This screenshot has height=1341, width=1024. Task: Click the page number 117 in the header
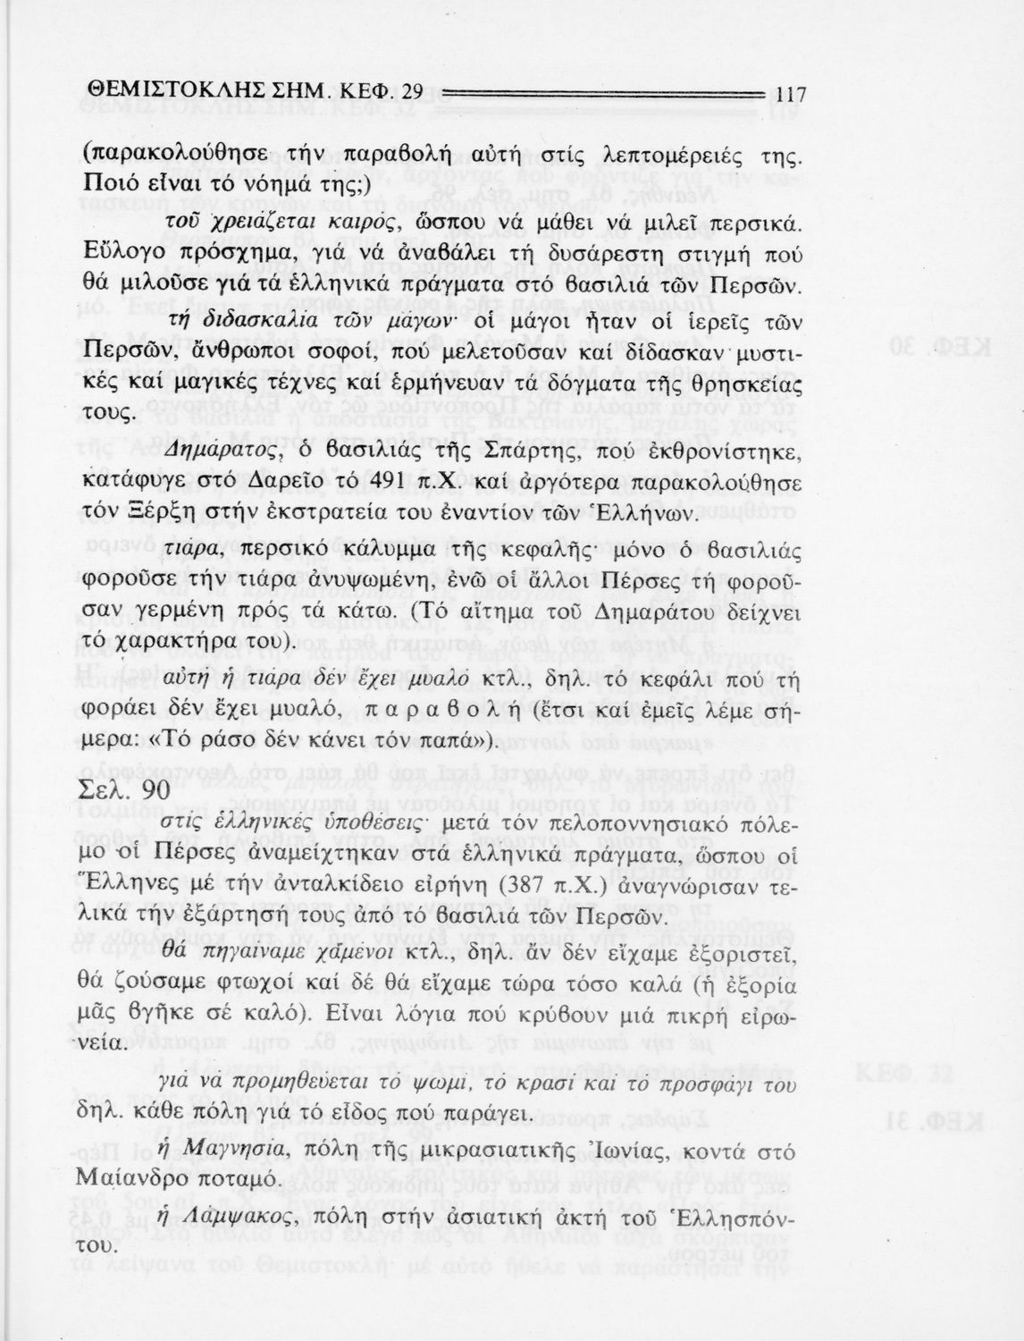click(792, 93)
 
